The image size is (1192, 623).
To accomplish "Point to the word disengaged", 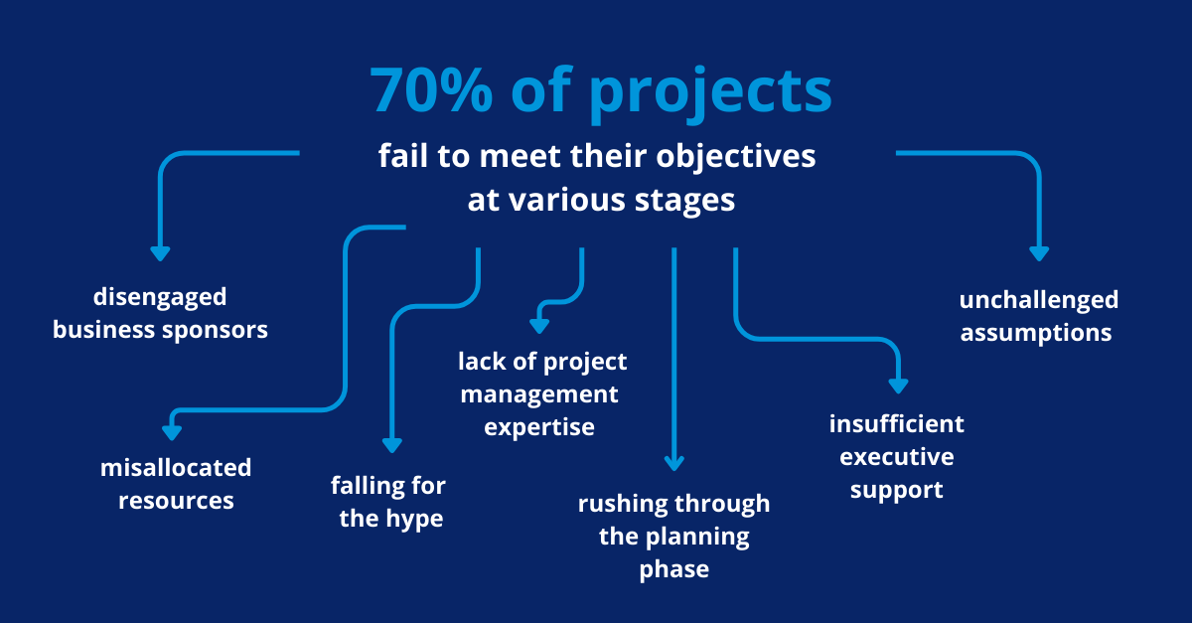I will click(160, 297).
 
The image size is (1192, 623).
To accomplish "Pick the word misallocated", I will click(176, 467).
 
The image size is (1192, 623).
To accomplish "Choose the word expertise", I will click(539, 428).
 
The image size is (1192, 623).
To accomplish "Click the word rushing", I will click(623, 505).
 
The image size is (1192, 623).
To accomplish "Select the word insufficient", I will click(897, 425).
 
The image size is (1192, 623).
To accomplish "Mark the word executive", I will click(897, 457).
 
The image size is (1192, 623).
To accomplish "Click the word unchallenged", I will click(1038, 300).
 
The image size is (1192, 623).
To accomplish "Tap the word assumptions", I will click(1036, 333).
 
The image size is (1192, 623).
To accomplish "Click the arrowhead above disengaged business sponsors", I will click(160, 253).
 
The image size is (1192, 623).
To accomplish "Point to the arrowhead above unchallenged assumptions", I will click(1039, 253).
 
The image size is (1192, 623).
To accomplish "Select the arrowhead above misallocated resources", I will click(173, 432).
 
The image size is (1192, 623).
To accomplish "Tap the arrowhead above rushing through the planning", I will click(674, 462).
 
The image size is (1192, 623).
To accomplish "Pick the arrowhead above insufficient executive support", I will click(898, 385).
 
